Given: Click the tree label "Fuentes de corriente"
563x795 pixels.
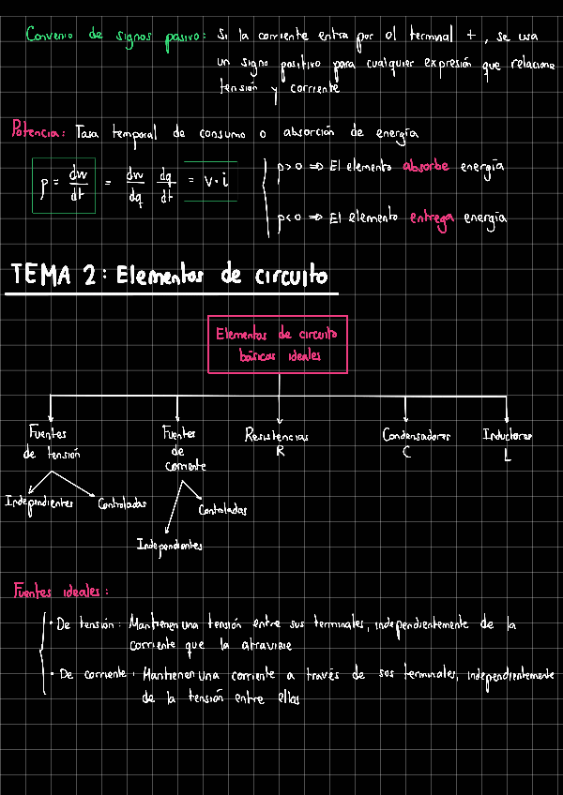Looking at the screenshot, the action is (x=181, y=449).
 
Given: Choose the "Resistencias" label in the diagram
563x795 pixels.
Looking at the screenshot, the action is (x=276, y=436).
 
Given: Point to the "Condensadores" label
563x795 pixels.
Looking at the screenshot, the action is (x=417, y=435).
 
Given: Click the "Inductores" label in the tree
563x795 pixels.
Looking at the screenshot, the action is (x=508, y=435).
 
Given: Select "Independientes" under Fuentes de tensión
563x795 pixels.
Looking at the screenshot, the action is (x=39, y=502).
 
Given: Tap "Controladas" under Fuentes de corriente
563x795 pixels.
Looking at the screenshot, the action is (x=222, y=511).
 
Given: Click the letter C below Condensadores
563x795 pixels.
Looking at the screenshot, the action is (x=407, y=452).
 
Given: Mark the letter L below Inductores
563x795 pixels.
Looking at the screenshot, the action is (x=507, y=454).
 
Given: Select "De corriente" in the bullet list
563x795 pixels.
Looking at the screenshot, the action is (x=93, y=673).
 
